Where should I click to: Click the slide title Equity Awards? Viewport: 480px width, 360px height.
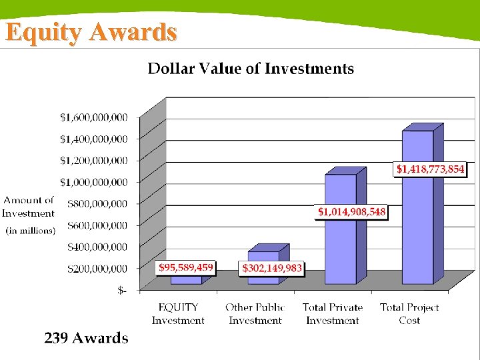(x=91, y=31)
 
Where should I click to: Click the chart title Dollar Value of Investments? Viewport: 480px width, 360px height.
(x=251, y=68)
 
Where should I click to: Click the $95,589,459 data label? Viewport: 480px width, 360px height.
(x=186, y=268)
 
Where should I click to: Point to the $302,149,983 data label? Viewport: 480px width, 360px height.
(x=271, y=269)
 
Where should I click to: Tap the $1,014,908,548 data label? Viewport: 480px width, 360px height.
(x=351, y=212)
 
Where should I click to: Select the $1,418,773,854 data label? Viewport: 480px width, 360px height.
(x=430, y=169)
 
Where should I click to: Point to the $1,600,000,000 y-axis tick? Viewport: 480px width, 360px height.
(x=94, y=117)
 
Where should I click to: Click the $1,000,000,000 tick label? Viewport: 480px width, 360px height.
(x=94, y=182)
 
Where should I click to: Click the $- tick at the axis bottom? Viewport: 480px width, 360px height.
(x=122, y=291)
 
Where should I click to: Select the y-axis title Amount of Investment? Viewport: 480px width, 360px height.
(x=29, y=207)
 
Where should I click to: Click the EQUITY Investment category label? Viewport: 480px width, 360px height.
(x=178, y=314)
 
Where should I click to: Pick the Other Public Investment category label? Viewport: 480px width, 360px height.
(x=255, y=314)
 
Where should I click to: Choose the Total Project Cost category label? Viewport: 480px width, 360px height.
(x=409, y=314)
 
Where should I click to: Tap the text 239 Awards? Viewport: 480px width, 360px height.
(x=86, y=338)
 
